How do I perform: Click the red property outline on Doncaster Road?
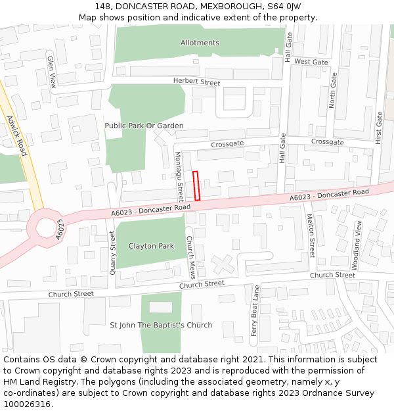coord(196,185)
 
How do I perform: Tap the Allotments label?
coord(200,43)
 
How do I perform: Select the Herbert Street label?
coord(197,82)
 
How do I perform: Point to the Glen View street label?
coord(52,72)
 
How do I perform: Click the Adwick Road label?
coord(16,135)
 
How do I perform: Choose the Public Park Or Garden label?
coord(144,126)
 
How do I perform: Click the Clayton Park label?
coord(151,246)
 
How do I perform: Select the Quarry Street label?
coord(113,252)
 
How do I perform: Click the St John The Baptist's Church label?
coord(161,325)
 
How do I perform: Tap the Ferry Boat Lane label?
coord(255,311)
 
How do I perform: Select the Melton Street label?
coord(311,238)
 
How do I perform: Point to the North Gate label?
coord(333,90)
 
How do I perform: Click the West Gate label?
coord(311,62)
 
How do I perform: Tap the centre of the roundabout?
coord(47,227)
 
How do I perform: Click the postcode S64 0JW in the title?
coord(283,6)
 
